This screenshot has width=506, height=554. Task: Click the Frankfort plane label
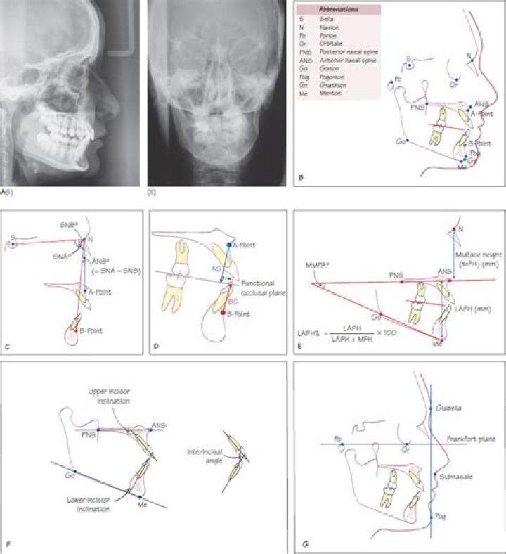pos(456,439)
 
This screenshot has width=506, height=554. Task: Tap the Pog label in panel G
pos(441,515)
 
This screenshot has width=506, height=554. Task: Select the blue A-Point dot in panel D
pos(230,245)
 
